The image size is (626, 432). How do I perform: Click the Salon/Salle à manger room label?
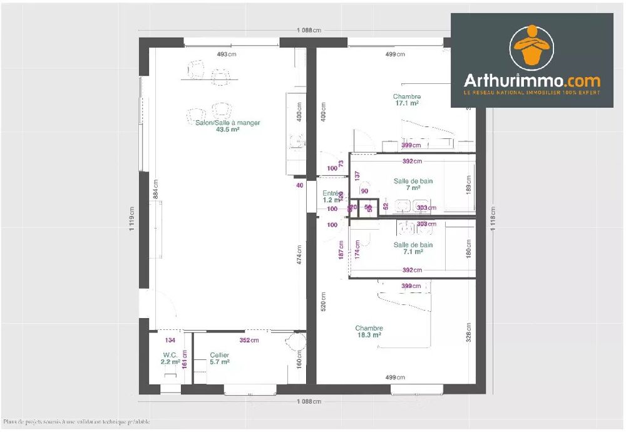click(227, 123)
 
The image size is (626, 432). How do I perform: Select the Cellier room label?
click(219, 355)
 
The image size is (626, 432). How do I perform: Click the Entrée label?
click(330, 193)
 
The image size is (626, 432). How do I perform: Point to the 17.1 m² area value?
click(407, 103)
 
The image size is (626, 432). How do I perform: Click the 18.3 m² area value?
click(369, 335)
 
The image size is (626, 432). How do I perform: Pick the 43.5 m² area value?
click(227, 130)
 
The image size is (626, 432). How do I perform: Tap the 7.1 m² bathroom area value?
click(413, 252)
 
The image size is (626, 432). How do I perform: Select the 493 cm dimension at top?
click(227, 54)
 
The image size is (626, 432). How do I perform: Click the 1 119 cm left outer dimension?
click(132, 219)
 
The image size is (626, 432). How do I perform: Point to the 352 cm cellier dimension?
click(249, 341)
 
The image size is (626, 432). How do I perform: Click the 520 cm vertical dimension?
click(323, 302)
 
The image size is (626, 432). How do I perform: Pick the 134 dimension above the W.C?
click(170, 341)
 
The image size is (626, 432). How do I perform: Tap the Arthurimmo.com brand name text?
click(531, 81)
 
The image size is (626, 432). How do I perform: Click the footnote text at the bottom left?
click(76, 422)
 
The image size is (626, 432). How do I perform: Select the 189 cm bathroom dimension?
click(469, 186)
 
